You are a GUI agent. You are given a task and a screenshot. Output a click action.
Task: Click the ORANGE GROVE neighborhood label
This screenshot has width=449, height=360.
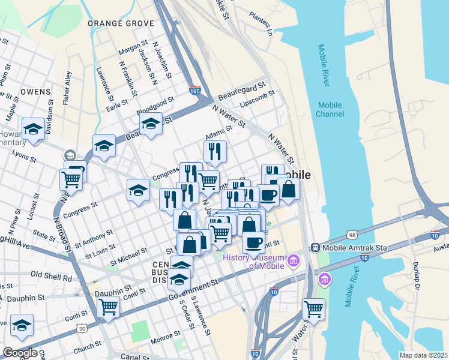pos(121,23)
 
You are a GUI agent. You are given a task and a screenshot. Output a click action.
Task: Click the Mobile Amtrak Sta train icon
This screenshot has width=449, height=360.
pos(315,248)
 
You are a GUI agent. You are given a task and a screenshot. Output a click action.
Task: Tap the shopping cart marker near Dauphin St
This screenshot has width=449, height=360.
pos(108,307)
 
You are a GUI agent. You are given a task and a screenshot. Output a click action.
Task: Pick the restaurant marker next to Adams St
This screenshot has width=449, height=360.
pos(215,151)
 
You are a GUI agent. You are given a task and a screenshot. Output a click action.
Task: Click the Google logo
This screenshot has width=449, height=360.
pos(20,353)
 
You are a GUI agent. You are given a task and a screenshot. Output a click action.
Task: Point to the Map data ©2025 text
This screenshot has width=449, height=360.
pos(423,355)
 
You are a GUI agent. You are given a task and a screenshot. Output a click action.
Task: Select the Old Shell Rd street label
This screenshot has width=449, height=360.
pos(51,275)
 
